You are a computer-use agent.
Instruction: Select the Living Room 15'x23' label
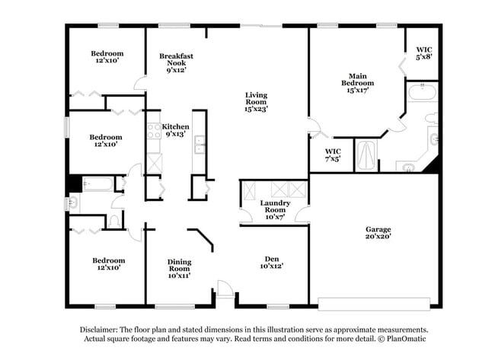pos(256,102)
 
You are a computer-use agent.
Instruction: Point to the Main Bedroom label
pos(358,83)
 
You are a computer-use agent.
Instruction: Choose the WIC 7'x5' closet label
pos(333,155)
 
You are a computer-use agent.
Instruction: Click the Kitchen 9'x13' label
pos(176,130)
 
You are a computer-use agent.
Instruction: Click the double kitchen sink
pos(199,144)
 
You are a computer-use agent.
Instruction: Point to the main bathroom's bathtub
pos(421,94)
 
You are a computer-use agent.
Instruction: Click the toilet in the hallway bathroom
pos(113,221)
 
